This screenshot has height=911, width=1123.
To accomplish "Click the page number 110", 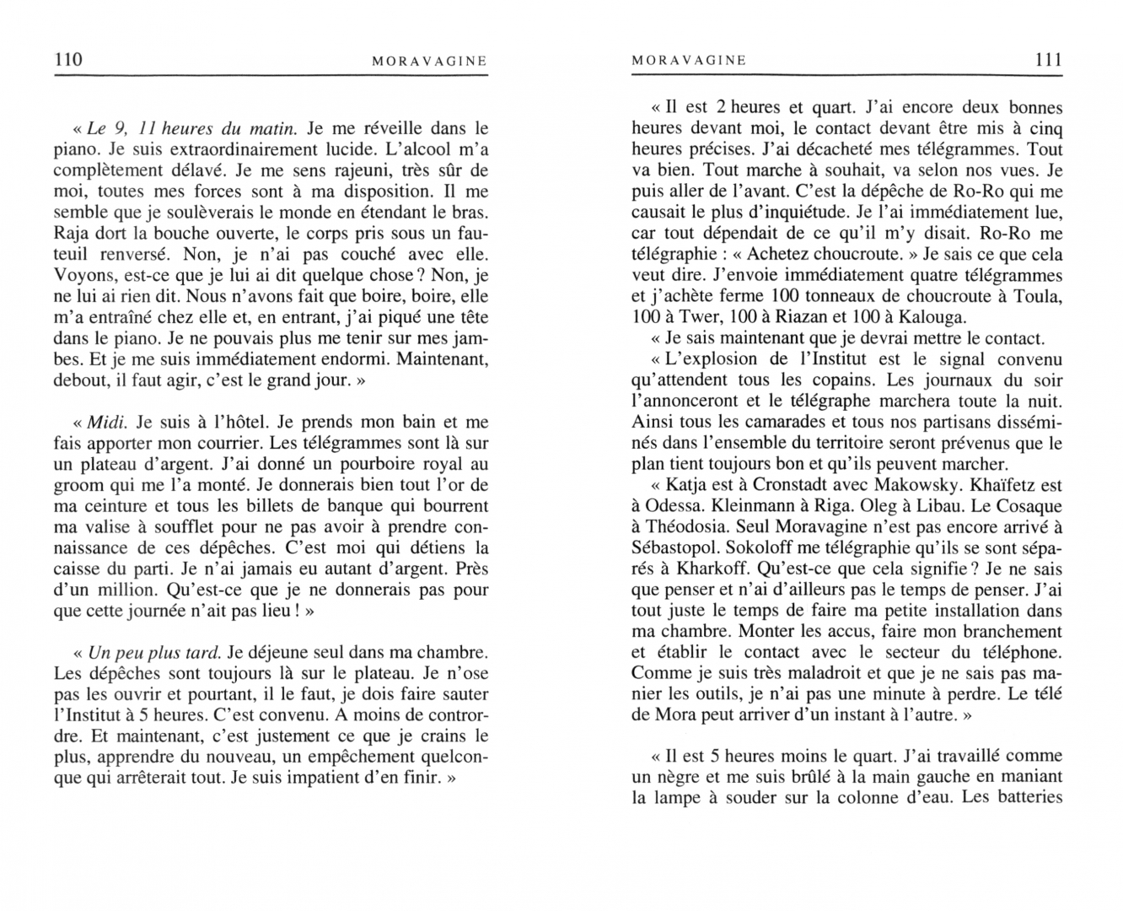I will click(x=67, y=60).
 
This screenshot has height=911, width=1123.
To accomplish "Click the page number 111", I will click(x=1047, y=60).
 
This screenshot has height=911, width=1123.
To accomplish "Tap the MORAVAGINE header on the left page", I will click(x=429, y=61).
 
